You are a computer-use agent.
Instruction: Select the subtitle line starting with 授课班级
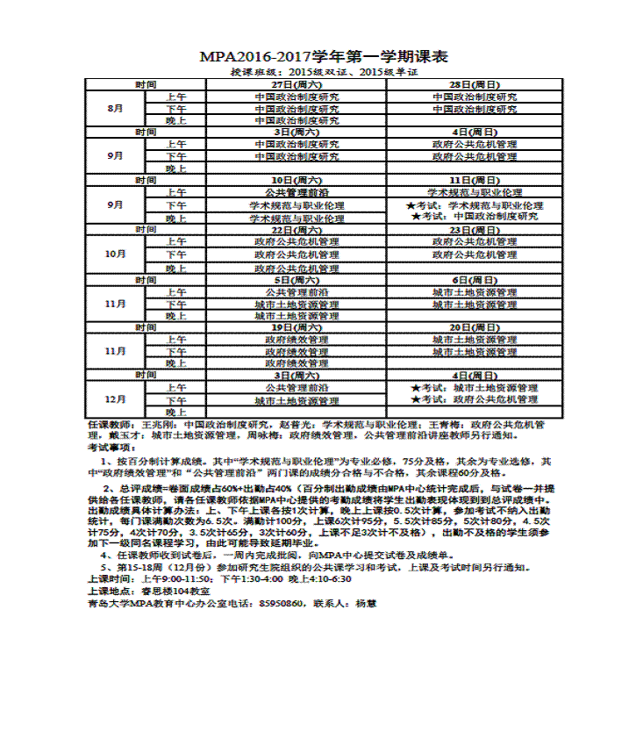coord(324,72)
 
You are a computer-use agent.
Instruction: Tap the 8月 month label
coord(115,109)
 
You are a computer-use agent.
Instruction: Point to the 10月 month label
coord(115,255)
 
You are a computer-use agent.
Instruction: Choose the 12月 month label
coord(115,399)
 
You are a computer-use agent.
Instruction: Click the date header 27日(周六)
coord(297,84)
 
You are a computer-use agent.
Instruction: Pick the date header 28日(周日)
coord(475,84)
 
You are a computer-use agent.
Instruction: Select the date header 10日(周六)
coord(297,180)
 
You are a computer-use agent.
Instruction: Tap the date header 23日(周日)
coord(475,229)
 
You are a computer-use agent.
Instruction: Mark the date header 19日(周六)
coord(297,327)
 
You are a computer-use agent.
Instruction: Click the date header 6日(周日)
coord(475,280)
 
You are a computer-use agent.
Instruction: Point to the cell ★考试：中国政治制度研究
coord(475,216)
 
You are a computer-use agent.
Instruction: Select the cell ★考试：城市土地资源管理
coord(475,387)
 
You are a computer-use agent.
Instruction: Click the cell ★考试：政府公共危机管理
coord(475,399)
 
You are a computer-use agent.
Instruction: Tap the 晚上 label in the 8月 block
coord(176,121)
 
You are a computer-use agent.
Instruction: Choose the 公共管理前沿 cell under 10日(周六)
coord(297,192)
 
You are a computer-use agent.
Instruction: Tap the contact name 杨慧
coord(365,604)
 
